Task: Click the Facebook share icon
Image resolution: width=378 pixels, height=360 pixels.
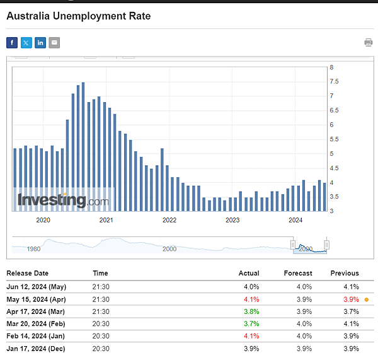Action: coord(12,43)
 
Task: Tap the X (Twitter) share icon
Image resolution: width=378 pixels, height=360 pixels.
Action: coord(26,43)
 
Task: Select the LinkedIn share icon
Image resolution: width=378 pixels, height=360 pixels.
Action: coord(40,43)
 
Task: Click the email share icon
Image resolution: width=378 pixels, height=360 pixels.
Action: coord(55,43)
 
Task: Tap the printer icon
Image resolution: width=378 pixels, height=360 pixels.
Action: coord(368,42)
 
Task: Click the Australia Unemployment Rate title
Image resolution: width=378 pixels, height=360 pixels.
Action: coord(79,15)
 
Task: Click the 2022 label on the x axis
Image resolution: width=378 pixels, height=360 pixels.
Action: coord(169,220)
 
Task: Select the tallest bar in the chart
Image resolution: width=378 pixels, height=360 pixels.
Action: coord(83,146)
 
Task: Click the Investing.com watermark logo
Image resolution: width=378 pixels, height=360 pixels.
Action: coord(62,201)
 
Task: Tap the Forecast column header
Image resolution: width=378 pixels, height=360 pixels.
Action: coord(298,273)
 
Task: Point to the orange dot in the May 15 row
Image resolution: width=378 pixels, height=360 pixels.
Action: coord(367,299)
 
